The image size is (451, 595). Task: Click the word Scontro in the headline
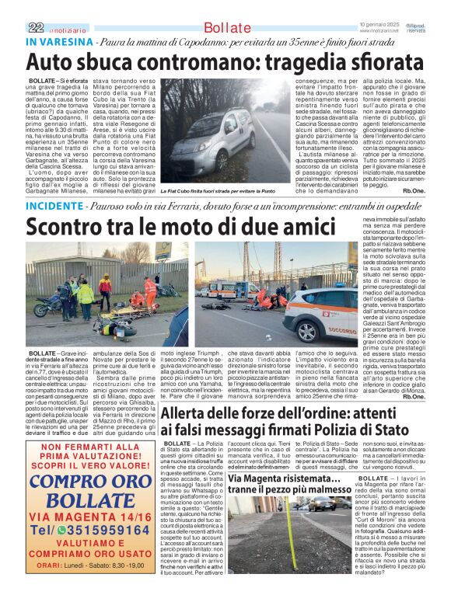(x=68, y=228)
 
